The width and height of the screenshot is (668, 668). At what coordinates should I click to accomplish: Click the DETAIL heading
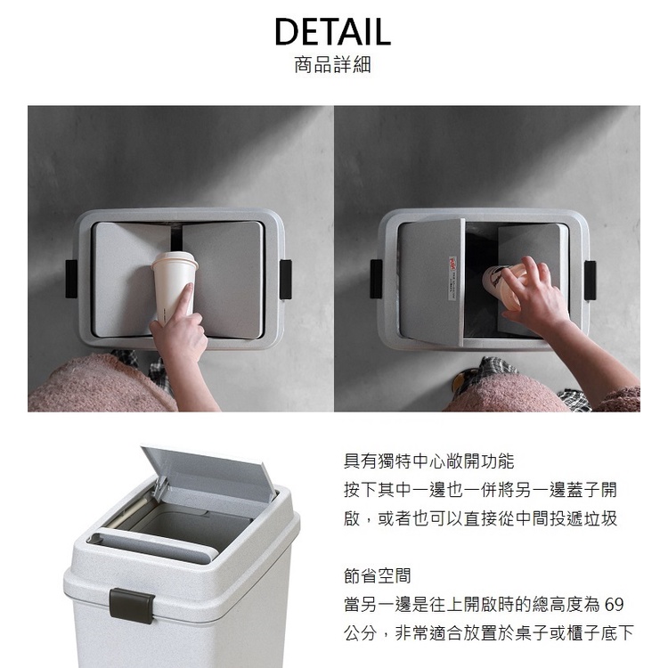(x=331, y=31)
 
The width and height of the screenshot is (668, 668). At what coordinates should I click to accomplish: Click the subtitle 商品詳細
(x=331, y=66)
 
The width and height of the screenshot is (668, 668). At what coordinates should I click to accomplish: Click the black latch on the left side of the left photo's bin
(x=71, y=279)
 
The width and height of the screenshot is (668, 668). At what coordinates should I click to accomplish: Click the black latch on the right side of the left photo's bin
(x=286, y=279)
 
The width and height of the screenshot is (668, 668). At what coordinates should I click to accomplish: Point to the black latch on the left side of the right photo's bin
(x=377, y=279)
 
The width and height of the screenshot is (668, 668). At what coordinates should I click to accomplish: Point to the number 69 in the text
(x=614, y=605)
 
